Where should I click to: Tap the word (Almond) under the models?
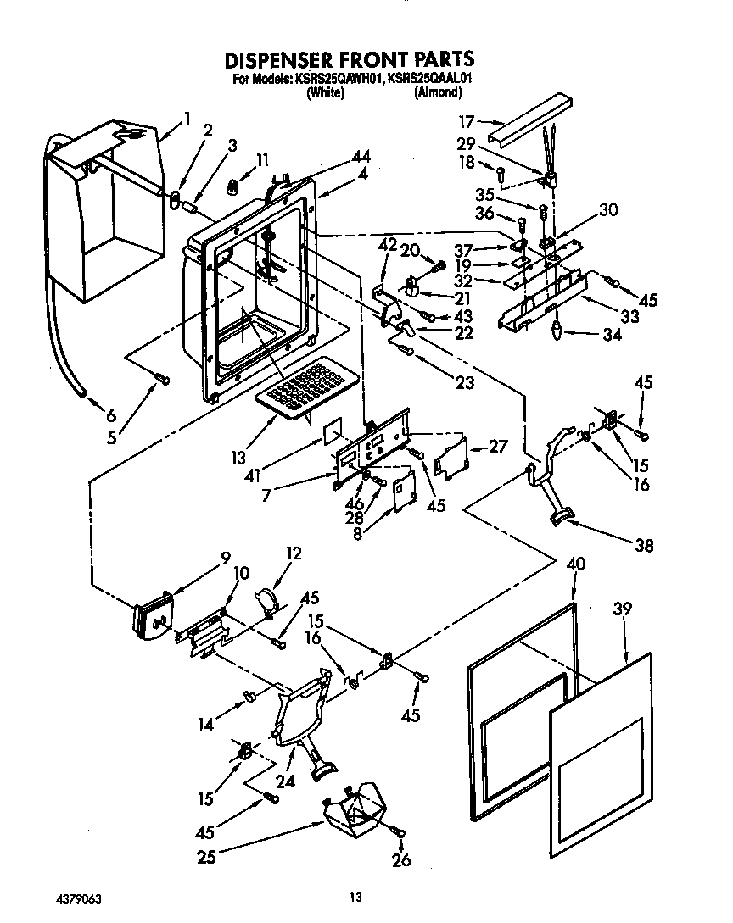coord(437,93)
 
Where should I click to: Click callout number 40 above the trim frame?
coord(576,564)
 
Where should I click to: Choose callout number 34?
coord(611,336)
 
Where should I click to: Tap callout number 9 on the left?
coord(225,558)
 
